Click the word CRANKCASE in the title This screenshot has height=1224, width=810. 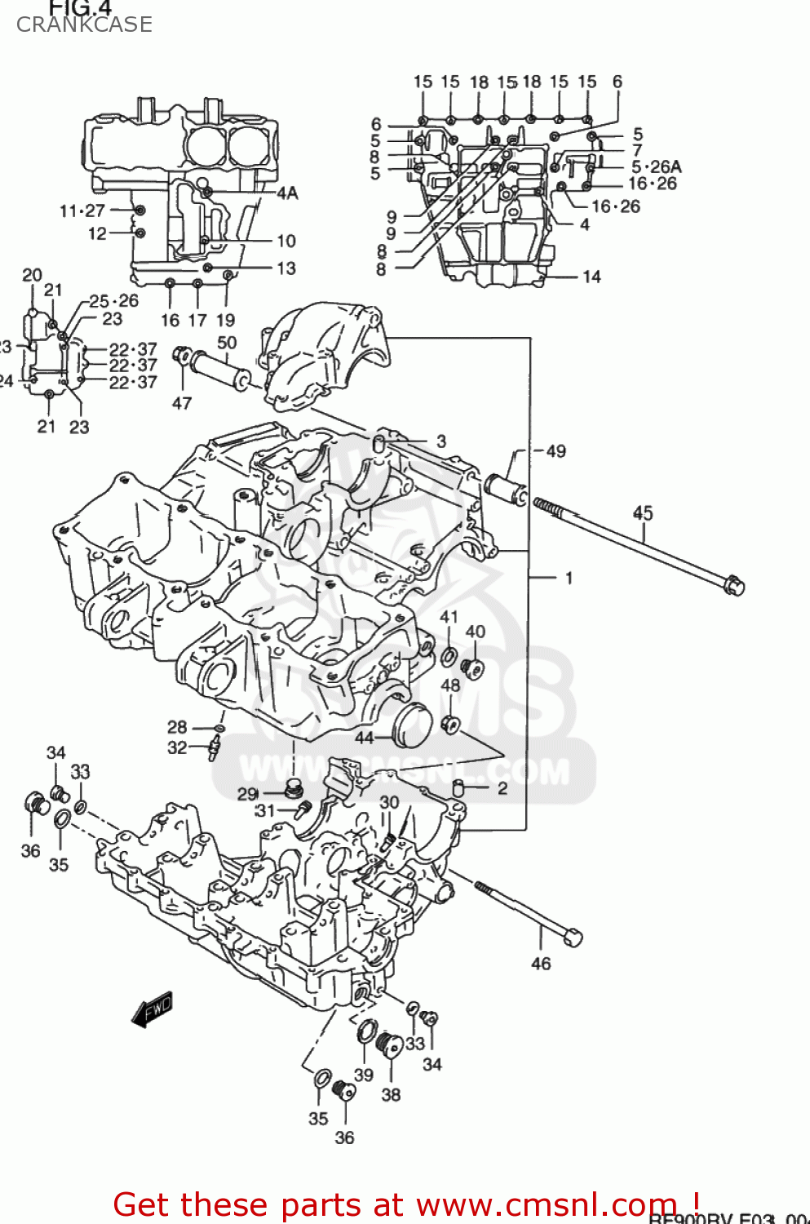click(x=84, y=24)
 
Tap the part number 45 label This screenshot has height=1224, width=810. click(x=643, y=512)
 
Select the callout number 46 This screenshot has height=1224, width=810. click(x=541, y=964)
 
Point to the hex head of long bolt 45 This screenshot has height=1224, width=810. click(x=733, y=585)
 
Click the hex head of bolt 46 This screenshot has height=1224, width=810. click(x=573, y=938)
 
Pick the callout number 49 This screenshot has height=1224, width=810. click(x=555, y=451)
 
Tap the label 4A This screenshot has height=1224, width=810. click(x=287, y=193)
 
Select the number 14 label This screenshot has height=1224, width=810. click(x=591, y=277)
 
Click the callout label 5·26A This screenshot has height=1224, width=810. click(x=656, y=167)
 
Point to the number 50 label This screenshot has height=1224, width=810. click(x=227, y=343)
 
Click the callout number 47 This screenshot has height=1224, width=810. click(x=181, y=403)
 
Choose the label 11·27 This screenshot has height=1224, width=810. click(x=82, y=211)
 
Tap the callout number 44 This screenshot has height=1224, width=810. click(x=364, y=738)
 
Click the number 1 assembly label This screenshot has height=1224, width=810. click(x=569, y=578)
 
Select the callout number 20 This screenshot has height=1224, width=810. click(x=32, y=275)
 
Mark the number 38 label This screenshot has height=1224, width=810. click(x=391, y=1094)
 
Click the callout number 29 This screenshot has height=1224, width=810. click(x=247, y=794)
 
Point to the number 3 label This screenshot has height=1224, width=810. click(x=441, y=441)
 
